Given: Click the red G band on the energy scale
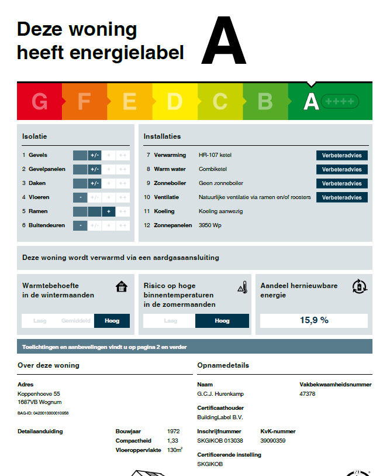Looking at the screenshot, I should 39,102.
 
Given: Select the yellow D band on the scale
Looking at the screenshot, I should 175,102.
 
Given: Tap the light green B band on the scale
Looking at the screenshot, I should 265,102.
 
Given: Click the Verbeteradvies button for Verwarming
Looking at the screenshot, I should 342,155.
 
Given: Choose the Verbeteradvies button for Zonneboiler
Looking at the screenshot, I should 342,183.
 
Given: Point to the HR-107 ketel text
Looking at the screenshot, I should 215,155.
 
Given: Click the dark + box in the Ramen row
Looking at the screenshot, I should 108,211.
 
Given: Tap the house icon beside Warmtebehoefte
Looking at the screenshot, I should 122,286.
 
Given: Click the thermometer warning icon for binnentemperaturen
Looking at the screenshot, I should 243,287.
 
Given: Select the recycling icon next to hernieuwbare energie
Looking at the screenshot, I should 359,286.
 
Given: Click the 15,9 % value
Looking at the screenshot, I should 314,320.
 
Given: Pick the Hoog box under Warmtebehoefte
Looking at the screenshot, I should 112,321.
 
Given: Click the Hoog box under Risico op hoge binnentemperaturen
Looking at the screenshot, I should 222,321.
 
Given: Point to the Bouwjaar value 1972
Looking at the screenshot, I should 172,432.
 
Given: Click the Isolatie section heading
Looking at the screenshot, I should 34,136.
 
